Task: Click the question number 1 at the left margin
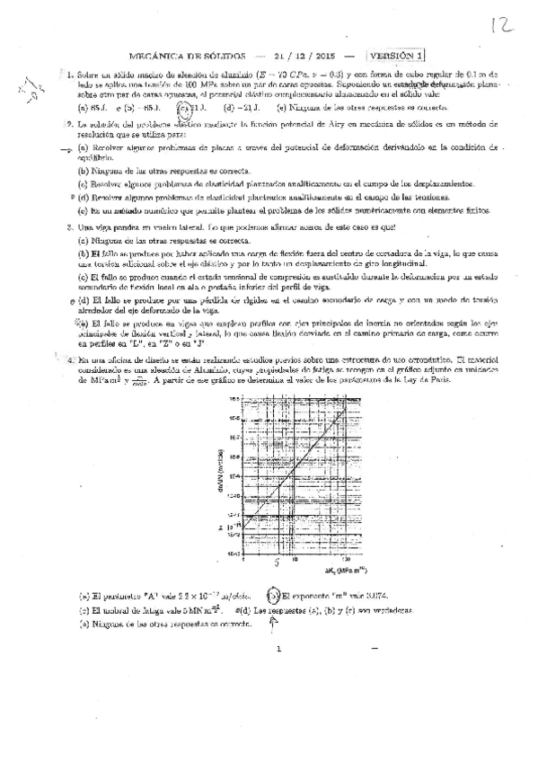pyautogui.click(x=68, y=74)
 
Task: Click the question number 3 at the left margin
pyautogui.click(x=68, y=227)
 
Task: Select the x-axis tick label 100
pyautogui.click(x=346, y=562)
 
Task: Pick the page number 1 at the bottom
pyautogui.click(x=279, y=673)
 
